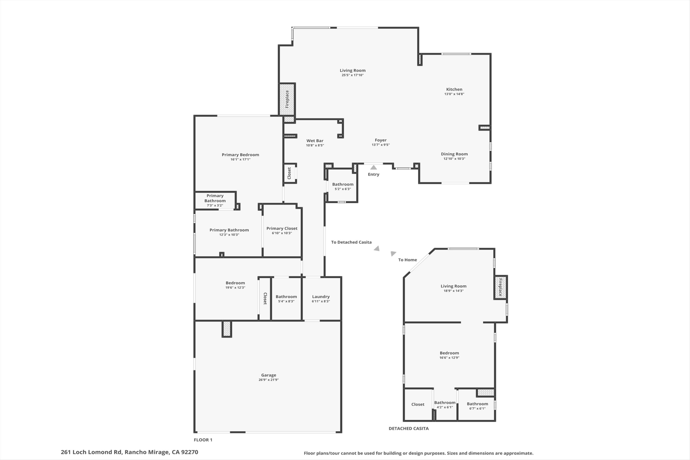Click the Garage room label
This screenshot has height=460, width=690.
[268, 375]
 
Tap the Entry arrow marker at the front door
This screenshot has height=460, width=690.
[373, 168]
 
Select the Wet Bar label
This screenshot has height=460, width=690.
[315, 141]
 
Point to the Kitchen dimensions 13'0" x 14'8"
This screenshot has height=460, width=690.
[454, 94]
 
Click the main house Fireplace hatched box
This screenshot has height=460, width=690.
[287, 99]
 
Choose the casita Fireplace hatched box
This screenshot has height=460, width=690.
[500, 287]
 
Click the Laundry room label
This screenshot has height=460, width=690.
[321, 297]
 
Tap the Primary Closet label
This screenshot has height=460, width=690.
[282, 228]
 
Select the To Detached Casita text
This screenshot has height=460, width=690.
[351, 242]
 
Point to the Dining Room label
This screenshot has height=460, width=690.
[454, 154]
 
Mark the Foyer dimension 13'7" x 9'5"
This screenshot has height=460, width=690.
[380, 145]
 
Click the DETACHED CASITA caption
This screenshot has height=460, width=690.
[408, 428]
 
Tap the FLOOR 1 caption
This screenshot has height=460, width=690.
[203, 440]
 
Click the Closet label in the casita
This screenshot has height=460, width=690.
[418, 404]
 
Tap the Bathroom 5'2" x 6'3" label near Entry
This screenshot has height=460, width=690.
[342, 184]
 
